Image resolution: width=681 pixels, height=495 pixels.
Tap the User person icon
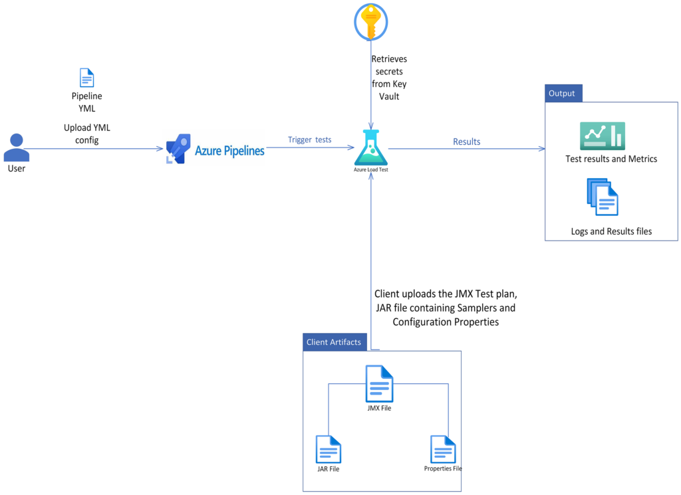16,148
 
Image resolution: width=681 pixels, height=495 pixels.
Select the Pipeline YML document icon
86,78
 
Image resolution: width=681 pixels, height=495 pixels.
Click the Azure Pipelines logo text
229,151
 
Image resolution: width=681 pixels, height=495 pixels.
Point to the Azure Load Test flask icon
370,148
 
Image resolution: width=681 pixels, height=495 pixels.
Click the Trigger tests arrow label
309,140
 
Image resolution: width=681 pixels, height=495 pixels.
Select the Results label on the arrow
466,142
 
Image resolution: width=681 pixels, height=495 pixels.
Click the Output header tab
563,93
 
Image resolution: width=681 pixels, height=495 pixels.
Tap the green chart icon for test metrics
602,136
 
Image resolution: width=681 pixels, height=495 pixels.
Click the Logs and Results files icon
603,197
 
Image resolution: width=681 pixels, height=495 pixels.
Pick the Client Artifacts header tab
334,342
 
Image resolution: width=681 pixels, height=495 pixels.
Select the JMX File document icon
379,384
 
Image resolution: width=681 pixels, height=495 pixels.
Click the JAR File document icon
329,450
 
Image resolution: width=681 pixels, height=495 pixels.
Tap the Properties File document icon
443,449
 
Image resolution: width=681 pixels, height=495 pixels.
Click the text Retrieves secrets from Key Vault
389,78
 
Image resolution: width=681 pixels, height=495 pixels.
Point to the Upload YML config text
86,134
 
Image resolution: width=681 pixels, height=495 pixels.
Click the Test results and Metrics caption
611,159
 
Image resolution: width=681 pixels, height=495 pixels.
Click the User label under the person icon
17,168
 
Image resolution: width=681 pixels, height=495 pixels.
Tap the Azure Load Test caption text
370,170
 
